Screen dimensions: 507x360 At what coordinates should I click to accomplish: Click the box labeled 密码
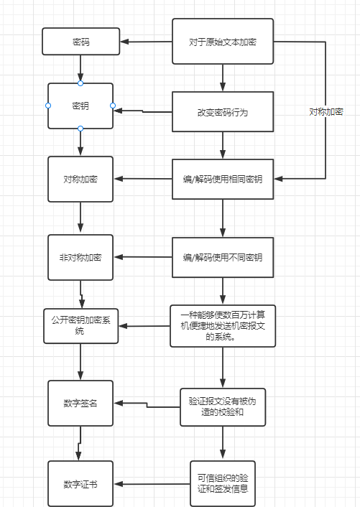pos(80,42)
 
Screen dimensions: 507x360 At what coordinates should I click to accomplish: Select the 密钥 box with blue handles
pos(80,106)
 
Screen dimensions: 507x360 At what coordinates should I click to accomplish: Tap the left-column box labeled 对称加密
pos(80,178)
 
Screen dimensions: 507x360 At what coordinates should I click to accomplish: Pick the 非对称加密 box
pos(80,256)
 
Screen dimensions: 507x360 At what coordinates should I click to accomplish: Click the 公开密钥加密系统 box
pos(80,325)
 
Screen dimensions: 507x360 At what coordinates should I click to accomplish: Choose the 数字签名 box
pos(80,402)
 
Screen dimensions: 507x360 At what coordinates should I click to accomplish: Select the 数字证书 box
pos(80,483)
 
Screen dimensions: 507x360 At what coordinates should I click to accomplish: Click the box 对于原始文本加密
pos(223,42)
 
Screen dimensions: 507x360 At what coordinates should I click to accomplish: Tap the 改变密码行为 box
pos(223,112)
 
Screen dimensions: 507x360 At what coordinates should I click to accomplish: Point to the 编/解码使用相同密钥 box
pos(223,178)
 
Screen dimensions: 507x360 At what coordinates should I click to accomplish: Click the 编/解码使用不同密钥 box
pos(223,256)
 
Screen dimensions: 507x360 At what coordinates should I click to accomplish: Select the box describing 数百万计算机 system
pos(223,325)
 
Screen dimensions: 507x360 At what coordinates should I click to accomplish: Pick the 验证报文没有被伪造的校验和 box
pos(223,407)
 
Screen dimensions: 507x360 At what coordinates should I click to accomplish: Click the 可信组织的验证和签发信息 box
pos(223,483)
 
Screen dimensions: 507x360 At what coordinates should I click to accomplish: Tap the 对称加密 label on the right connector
pos(326,112)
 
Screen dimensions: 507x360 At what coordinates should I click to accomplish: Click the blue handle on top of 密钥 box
pos(80,83)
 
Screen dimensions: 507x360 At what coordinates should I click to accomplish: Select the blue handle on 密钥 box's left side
pos(47,106)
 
